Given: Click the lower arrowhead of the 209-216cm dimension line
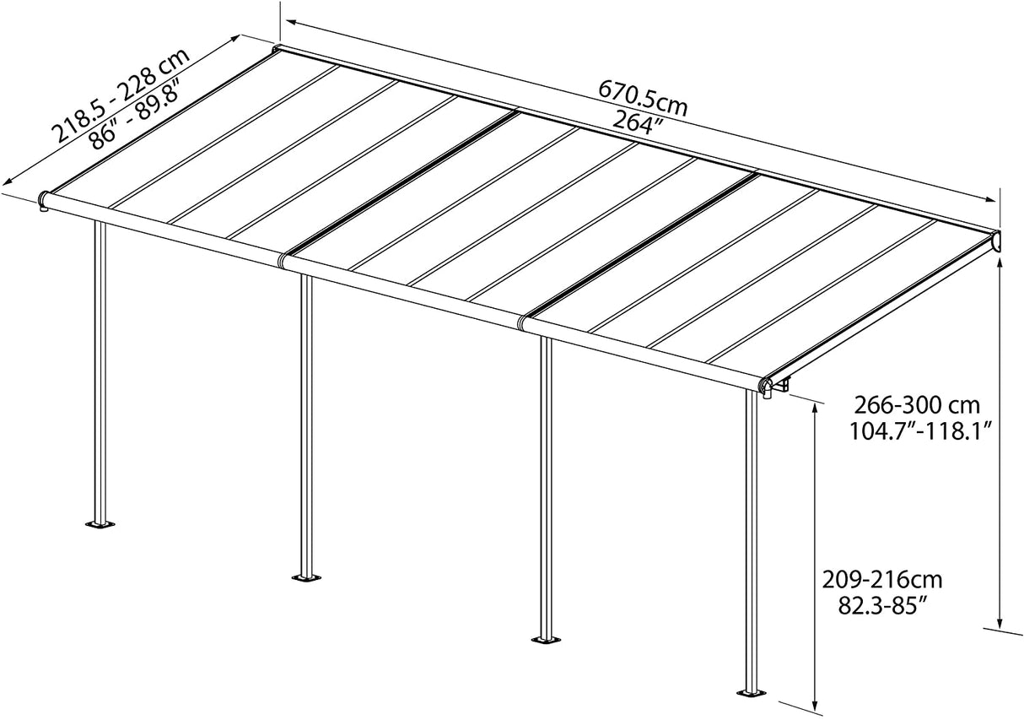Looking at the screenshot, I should [815, 702].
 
